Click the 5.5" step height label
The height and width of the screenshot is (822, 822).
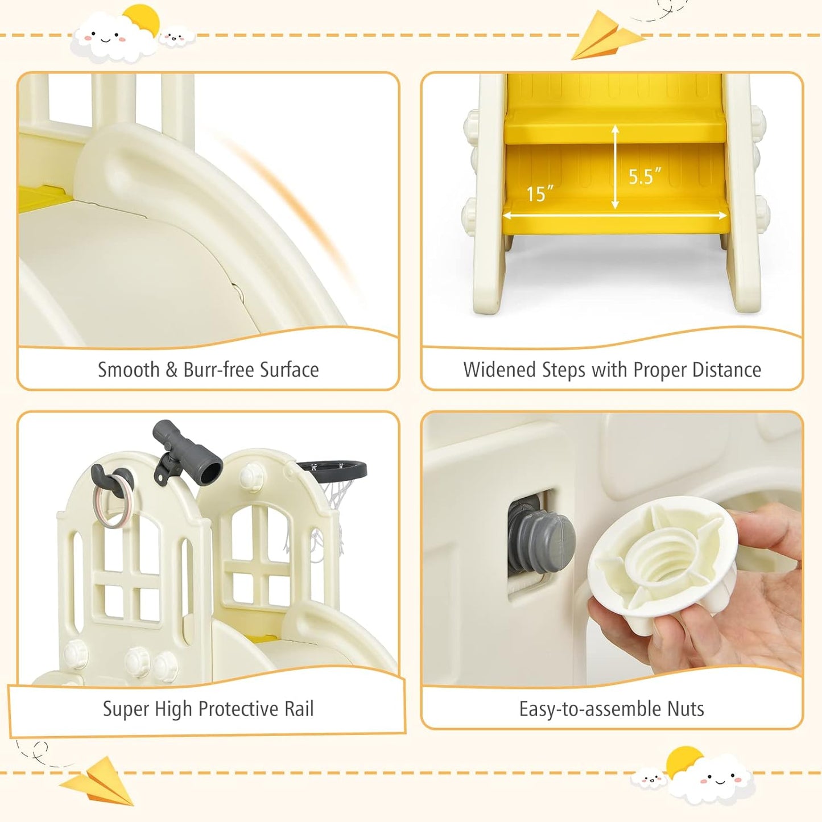(645, 176)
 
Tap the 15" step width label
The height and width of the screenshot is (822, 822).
(540, 193)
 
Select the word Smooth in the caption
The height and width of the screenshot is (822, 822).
(129, 369)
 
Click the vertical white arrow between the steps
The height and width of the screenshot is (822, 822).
(615, 167)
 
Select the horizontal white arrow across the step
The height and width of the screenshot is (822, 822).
(615, 216)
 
